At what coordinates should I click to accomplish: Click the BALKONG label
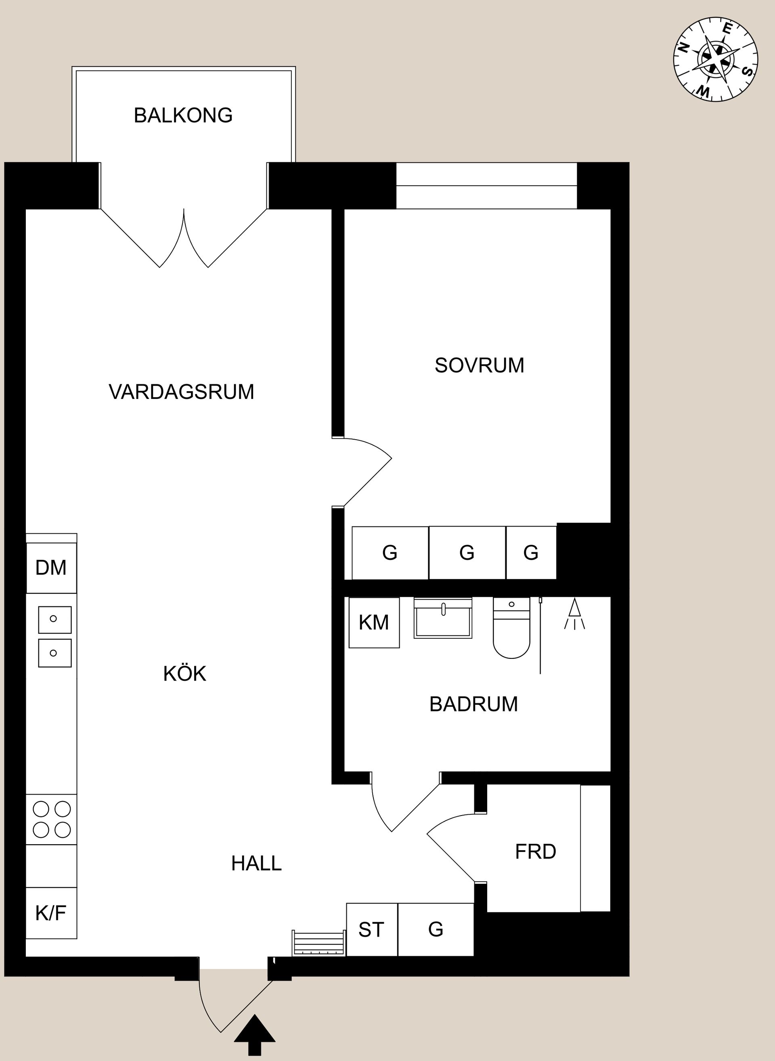pyautogui.click(x=183, y=115)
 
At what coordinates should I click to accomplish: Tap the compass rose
pyautogui.click(x=715, y=60)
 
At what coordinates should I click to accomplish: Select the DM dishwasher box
pyautogui.click(x=51, y=568)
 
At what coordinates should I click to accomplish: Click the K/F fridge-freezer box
pyautogui.click(x=51, y=913)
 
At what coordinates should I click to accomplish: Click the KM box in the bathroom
pyautogui.click(x=374, y=623)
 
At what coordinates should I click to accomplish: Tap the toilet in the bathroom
pyautogui.click(x=511, y=629)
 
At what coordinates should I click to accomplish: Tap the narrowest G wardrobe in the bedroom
pyautogui.click(x=530, y=553)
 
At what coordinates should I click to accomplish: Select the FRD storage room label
pyautogui.click(x=535, y=852)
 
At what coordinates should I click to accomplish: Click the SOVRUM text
pyautogui.click(x=479, y=365)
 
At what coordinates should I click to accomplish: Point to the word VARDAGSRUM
pyautogui.click(x=181, y=392)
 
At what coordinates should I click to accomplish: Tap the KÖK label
pyautogui.click(x=184, y=674)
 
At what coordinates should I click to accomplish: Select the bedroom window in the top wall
pyautogui.click(x=486, y=186)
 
